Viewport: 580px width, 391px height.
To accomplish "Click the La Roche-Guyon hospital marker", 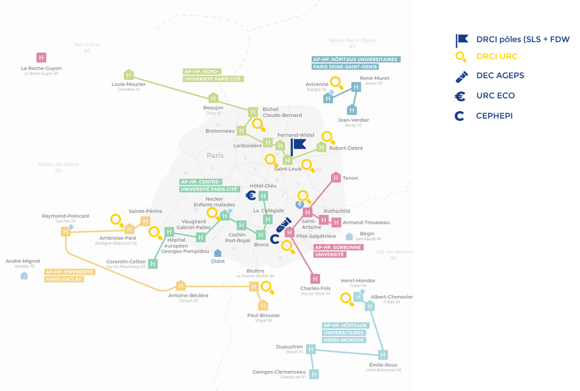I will [42, 58].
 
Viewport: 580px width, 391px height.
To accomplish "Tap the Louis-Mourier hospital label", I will [128, 84].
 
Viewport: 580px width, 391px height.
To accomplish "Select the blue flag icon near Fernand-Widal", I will [298, 145].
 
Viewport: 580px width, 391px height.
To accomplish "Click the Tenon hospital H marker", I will [336, 177].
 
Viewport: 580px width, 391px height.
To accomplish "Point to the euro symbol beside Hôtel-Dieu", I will [250, 196].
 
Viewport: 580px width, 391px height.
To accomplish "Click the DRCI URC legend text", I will [497, 56].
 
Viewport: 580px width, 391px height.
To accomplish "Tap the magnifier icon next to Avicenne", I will [336, 83].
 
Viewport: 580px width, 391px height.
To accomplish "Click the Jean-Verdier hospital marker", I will [352, 109].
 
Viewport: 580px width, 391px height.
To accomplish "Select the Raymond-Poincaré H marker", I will [66, 231].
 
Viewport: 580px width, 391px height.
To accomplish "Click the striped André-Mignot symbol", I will [24, 275].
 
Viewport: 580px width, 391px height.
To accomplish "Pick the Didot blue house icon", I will [218, 253].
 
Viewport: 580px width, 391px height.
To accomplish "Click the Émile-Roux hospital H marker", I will [383, 354].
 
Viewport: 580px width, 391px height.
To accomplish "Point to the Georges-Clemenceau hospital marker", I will [314, 373].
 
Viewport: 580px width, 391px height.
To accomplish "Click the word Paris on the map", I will [215, 155].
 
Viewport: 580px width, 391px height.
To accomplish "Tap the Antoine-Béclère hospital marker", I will [180, 286].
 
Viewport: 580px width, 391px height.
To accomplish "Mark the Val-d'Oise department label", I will [87, 44].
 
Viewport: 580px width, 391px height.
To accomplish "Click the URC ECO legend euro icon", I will [460, 95].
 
